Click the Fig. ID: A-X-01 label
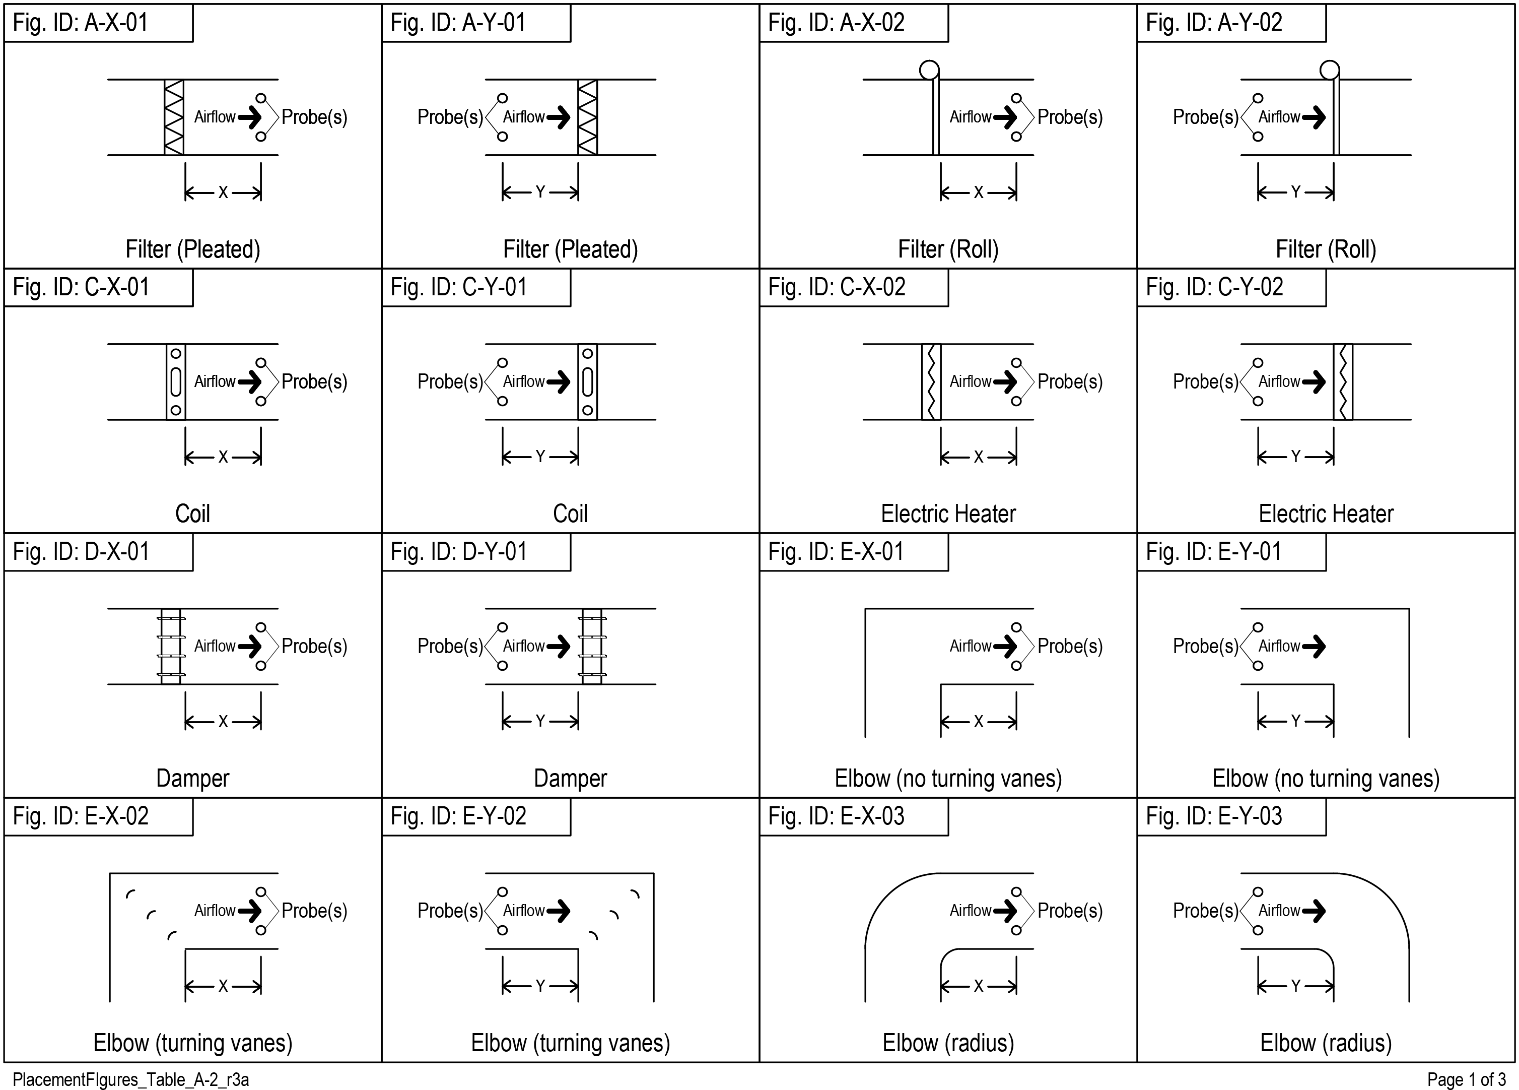(81, 23)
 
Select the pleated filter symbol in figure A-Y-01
(587, 117)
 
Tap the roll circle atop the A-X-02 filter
(929, 70)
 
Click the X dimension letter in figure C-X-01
(223, 458)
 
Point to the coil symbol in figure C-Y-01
(587, 382)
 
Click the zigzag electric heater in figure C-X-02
(931, 382)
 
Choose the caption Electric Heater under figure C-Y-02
(1326, 514)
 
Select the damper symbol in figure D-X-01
(171, 647)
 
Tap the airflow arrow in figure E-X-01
(1005, 647)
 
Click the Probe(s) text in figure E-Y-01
(1206, 647)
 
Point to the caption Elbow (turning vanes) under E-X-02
(193, 1043)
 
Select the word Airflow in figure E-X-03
(971, 911)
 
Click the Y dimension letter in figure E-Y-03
(1295, 986)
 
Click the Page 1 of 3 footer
(1467, 1079)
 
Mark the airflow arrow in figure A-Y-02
(1314, 117)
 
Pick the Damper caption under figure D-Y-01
(571, 779)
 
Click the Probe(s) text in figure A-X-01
(314, 117)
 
